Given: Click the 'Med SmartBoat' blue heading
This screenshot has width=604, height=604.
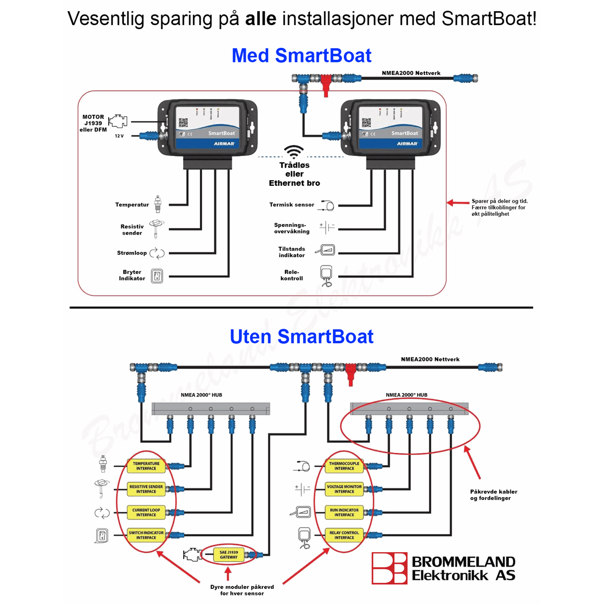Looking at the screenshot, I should click(x=301, y=55).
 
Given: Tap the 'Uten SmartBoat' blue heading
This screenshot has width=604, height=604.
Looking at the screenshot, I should click(x=301, y=336).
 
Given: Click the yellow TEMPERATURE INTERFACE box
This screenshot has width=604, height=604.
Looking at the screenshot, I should click(x=146, y=466).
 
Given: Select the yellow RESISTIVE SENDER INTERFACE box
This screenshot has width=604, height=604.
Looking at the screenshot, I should click(x=146, y=489).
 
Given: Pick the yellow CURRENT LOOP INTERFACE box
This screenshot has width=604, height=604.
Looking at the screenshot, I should click(x=146, y=512).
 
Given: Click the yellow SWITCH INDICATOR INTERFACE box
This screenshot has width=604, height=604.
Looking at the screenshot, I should click(x=146, y=535).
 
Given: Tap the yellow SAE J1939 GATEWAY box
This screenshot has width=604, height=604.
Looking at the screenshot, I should click(x=229, y=555).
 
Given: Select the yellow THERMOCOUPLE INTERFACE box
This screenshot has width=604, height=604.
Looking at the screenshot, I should click(x=344, y=466).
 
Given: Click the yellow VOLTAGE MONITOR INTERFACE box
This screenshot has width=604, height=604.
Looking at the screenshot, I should click(x=344, y=489).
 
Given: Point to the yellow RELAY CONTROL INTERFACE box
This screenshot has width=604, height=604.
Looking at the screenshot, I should click(x=344, y=535).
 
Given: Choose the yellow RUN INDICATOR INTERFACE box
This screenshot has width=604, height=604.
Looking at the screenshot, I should click(x=344, y=512).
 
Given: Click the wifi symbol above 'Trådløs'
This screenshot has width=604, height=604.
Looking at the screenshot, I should click(x=294, y=152).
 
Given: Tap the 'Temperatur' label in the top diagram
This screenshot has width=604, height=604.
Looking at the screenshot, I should click(x=132, y=205).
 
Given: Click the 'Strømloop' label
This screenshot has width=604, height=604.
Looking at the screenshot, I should click(x=132, y=253).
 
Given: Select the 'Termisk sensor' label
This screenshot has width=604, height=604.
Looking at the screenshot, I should click(x=291, y=205).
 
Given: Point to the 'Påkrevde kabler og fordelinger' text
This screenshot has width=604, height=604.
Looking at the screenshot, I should click(x=493, y=495).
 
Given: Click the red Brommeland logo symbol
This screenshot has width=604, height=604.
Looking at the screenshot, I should click(x=389, y=568).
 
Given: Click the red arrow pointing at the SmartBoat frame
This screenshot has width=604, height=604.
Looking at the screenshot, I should click(x=458, y=203).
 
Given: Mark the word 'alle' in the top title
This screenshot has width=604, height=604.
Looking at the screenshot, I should click(x=261, y=19).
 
